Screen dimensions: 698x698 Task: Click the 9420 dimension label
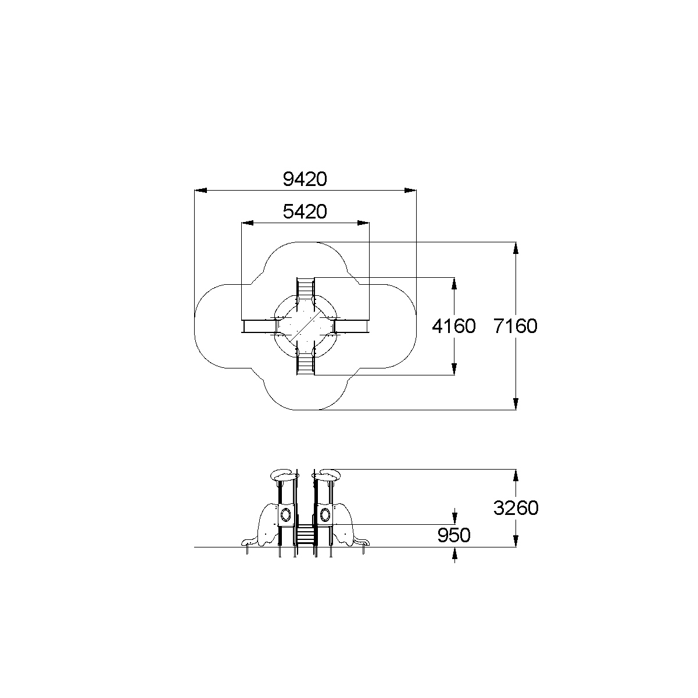305,179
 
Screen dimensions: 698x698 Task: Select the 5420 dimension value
305,212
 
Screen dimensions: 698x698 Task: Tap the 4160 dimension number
453,326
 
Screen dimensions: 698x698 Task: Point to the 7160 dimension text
515,326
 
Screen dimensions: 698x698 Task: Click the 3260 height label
516,508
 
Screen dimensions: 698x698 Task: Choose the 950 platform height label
453,535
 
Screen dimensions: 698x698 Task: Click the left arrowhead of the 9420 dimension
201,190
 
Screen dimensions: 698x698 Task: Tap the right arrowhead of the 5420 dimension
363,223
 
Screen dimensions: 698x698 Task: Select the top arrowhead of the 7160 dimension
516,248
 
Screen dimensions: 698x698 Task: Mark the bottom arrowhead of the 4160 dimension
454,369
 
